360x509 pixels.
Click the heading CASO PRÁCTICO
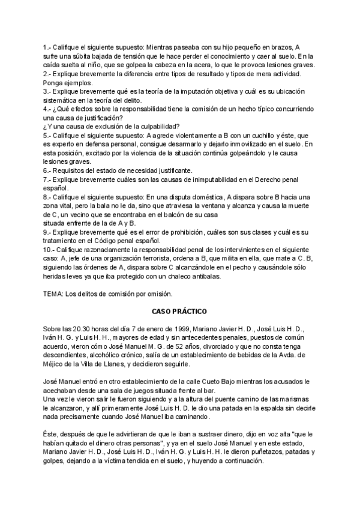(x=179, y=312)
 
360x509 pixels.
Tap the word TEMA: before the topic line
(x=53, y=294)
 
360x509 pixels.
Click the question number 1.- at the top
(x=47, y=47)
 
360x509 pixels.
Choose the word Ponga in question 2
(x=54, y=82)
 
